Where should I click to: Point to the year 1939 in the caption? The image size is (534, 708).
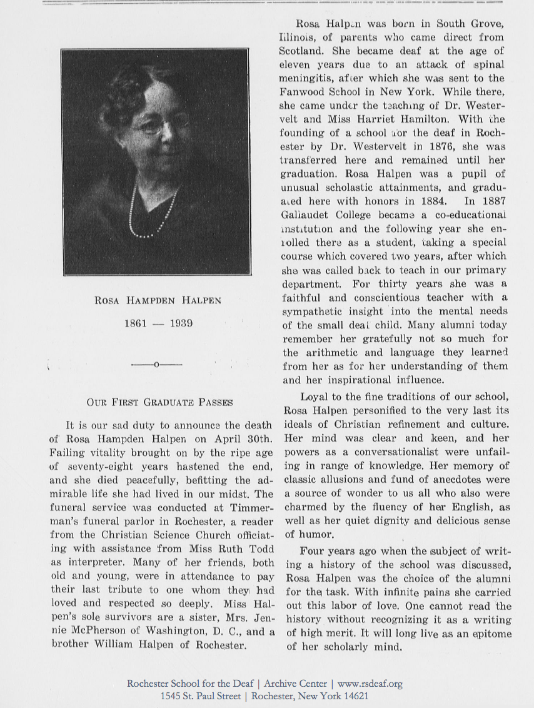(181, 323)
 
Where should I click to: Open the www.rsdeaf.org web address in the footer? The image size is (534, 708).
(370, 684)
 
